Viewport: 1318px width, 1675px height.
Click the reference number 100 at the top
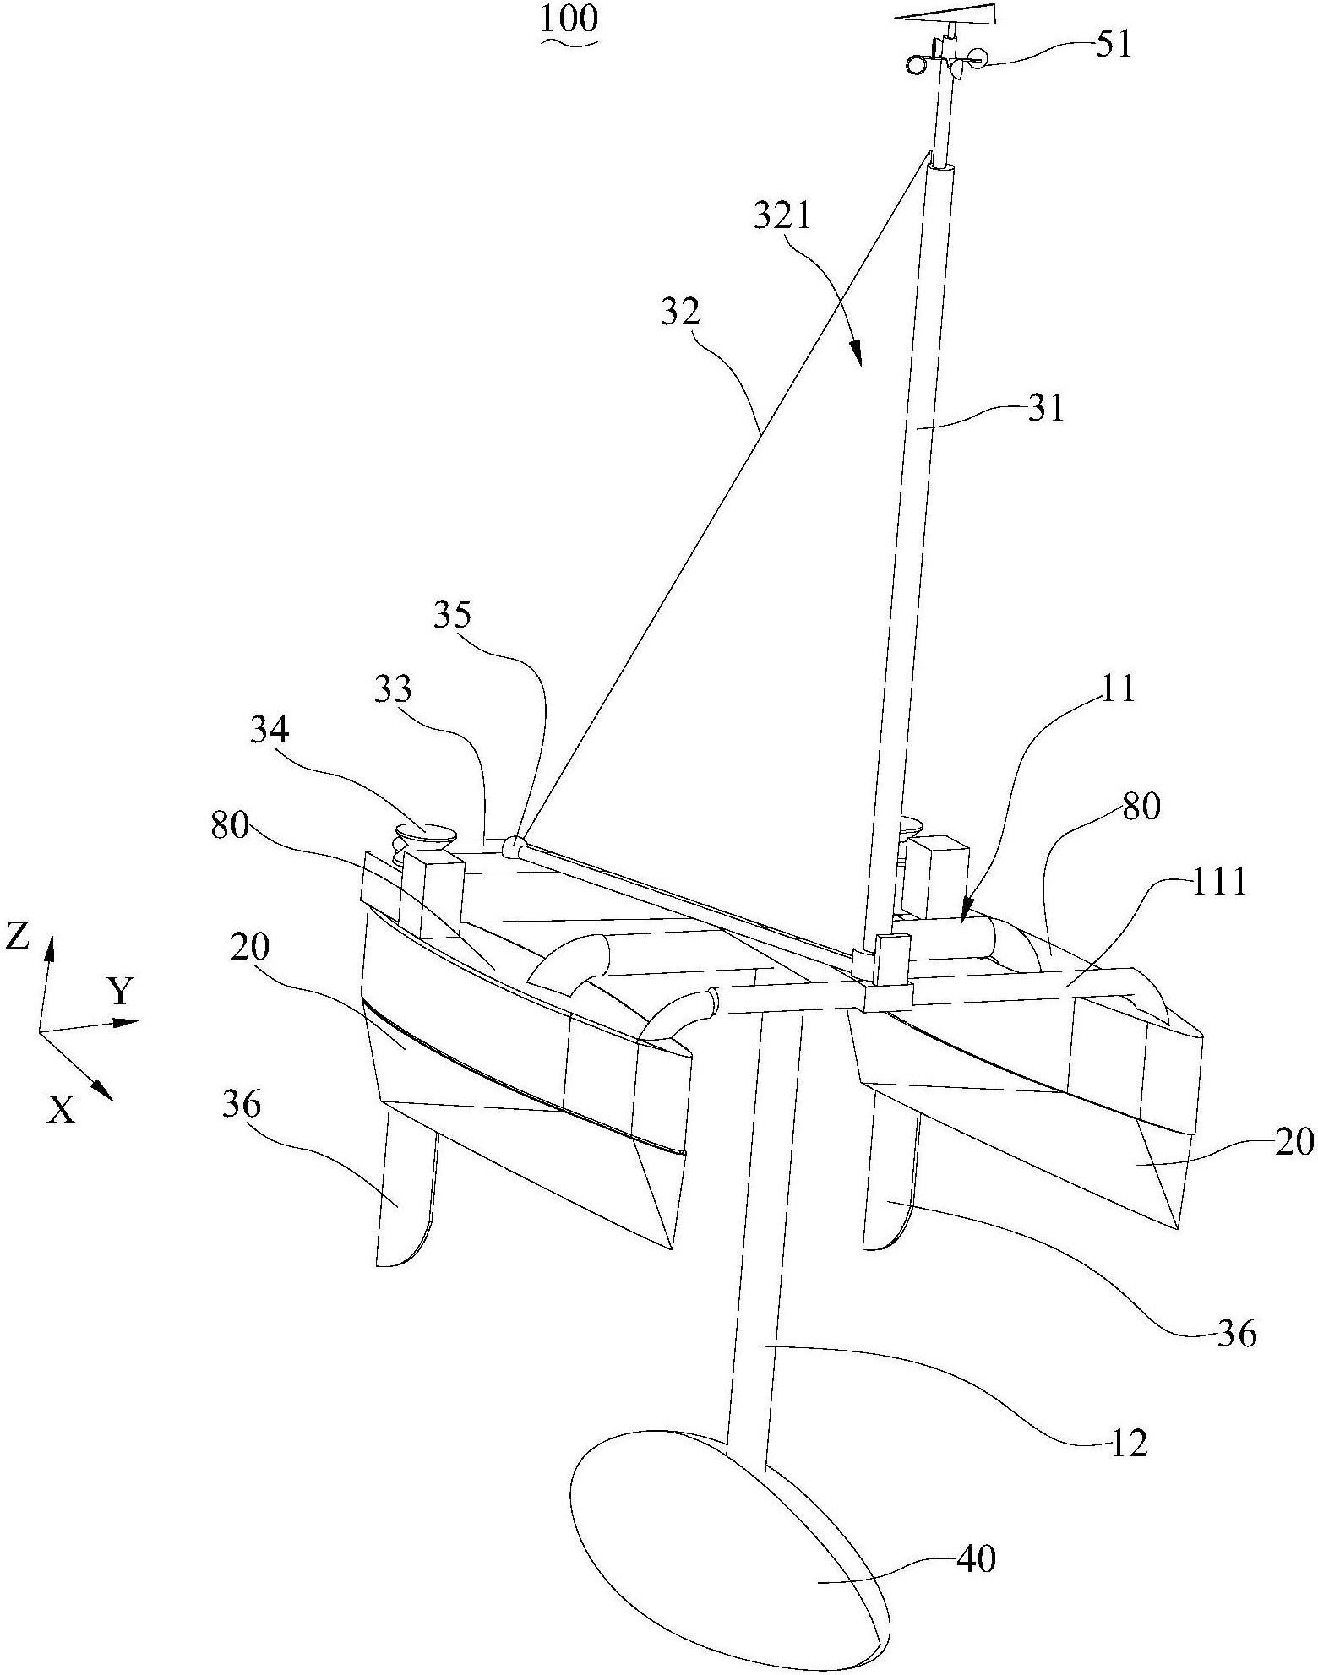pyautogui.click(x=569, y=19)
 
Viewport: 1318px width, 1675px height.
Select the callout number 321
pyautogui.click(x=782, y=217)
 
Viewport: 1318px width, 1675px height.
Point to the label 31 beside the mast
pyautogui.click(x=1046, y=410)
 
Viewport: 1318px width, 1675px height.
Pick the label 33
pyautogui.click(x=392, y=690)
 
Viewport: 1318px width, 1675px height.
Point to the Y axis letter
pyautogui.click(x=123, y=992)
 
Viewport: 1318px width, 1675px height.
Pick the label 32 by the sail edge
pyautogui.click(x=682, y=313)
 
